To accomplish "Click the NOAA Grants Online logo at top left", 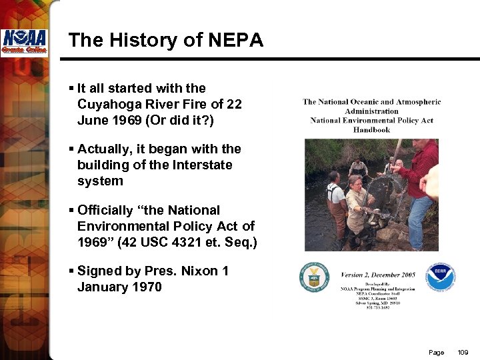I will pyautogui.click(x=23, y=43).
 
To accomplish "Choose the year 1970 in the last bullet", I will pyautogui.click(x=146, y=287).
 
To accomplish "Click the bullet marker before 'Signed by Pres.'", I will pyautogui.click(x=72, y=271).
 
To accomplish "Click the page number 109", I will pyautogui.click(x=464, y=352).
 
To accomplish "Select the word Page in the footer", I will pyautogui.click(x=437, y=352).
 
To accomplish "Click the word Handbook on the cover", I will pyautogui.click(x=371, y=129).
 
